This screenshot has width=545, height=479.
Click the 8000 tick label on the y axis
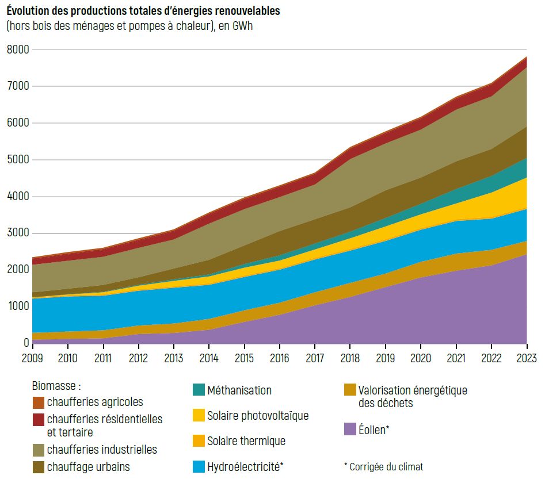point(18,49)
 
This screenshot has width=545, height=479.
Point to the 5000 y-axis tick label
point(18,159)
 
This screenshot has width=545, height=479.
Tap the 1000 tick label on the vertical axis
point(18,306)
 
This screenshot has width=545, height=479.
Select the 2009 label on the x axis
point(32,358)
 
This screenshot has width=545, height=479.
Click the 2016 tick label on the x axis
point(280,358)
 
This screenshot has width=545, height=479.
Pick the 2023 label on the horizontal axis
point(527,358)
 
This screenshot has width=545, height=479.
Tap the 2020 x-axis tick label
point(421,358)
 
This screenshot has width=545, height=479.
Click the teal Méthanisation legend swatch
point(199,390)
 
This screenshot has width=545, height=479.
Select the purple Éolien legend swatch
point(350,428)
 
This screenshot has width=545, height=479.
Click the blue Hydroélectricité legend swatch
point(199,466)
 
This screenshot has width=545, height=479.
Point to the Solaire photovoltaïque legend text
point(258,415)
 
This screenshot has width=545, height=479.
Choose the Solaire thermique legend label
point(246,441)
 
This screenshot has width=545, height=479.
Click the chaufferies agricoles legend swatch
point(39,403)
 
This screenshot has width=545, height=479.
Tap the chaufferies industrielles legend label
point(102,449)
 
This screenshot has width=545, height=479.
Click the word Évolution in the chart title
point(29,11)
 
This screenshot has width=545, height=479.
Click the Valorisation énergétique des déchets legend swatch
point(350,390)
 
